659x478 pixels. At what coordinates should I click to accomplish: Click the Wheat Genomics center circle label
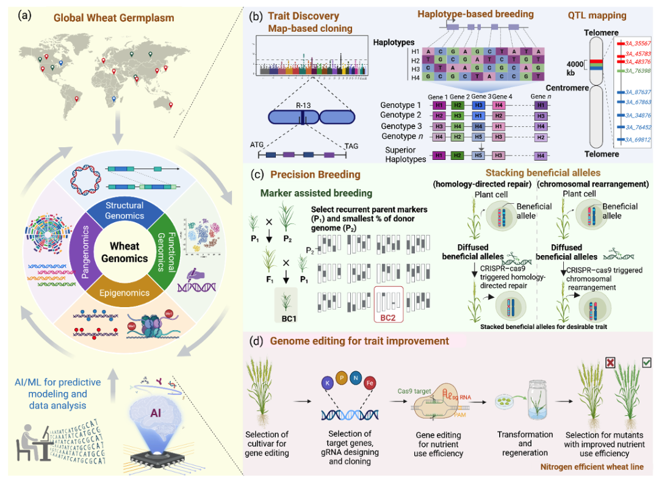pyautogui.click(x=128, y=252)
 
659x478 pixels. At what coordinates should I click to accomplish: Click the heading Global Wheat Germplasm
pyautogui.click(x=113, y=18)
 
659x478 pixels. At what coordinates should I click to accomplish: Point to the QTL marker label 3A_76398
pyautogui.click(x=638, y=71)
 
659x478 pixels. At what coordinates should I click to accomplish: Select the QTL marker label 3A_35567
pyautogui.click(x=638, y=44)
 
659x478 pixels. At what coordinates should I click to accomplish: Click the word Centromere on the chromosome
pyautogui.click(x=572, y=88)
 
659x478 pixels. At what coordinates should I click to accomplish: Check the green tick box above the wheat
pyautogui.click(x=646, y=363)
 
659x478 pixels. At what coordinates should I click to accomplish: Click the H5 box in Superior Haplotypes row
pyautogui.click(x=481, y=156)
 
